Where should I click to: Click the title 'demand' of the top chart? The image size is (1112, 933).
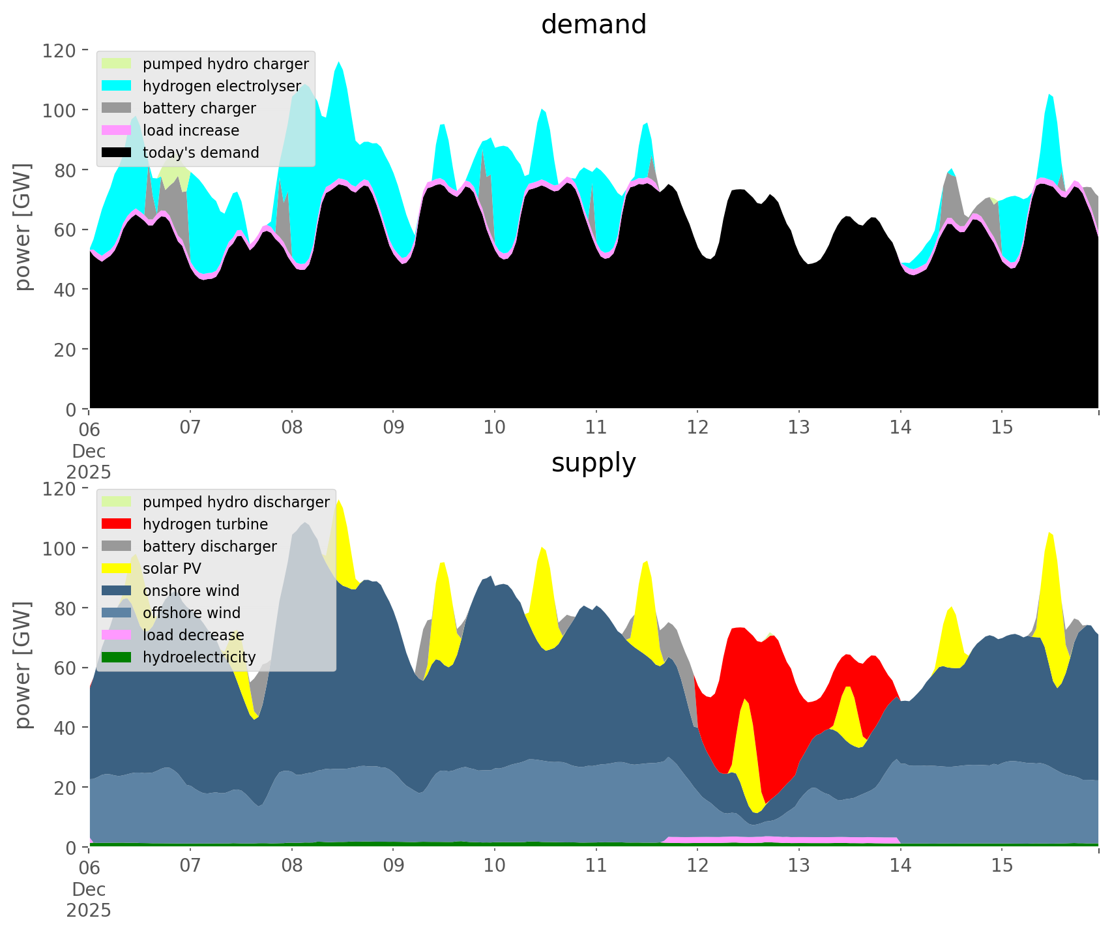click(x=593, y=25)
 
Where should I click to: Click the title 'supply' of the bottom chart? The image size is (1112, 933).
click(x=593, y=463)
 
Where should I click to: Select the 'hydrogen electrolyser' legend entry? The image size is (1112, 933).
click(x=222, y=86)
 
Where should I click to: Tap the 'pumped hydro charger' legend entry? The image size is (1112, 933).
click(x=226, y=64)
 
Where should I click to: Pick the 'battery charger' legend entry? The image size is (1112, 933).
click(x=199, y=108)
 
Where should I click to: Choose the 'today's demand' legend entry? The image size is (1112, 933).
click(x=201, y=153)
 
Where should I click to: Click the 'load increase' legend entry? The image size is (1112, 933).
click(x=191, y=130)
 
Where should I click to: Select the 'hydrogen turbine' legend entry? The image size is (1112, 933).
click(x=205, y=524)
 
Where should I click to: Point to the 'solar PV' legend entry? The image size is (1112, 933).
click(x=172, y=569)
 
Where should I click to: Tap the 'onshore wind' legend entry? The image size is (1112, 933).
click(x=191, y=591)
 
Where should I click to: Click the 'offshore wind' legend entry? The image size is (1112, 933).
click(x=192, y=613)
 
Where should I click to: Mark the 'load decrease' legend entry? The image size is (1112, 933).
click(x=193, y=635)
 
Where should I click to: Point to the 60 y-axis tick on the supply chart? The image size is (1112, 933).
click(x=65, y=668)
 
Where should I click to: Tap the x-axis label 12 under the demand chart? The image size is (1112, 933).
click(x=697, y=428)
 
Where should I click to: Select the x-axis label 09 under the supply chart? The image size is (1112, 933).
click(x=393, y=866)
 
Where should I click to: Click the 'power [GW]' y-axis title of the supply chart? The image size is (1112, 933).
click(x=23, y=665)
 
